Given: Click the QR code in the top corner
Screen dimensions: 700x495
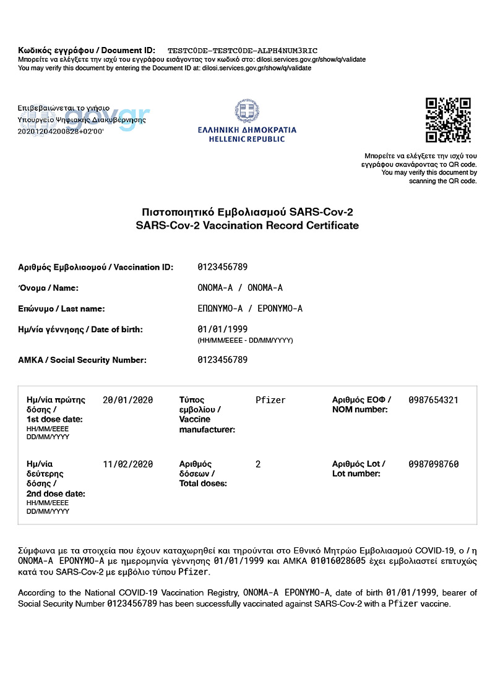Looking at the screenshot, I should coord(448,120).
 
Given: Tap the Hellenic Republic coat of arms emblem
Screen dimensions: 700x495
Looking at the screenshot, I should coord(247,111).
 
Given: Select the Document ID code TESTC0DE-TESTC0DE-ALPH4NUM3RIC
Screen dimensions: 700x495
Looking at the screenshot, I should coord(243,50).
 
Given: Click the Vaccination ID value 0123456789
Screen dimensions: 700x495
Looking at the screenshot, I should coord(223,267).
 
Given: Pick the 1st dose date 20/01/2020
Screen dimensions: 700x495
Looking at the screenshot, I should coord(127,400).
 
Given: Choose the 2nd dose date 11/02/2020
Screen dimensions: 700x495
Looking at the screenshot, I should coord(127,464).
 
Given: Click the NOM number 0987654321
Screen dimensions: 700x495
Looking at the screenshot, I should coord(433,400).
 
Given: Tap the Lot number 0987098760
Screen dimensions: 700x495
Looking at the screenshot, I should coord(433,464).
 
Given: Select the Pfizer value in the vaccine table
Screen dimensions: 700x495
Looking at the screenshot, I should coord(270,400).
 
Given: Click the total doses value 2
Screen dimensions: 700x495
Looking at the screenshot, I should coord(258,464).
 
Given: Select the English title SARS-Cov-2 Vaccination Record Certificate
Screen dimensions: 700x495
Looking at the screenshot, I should coord(247,226).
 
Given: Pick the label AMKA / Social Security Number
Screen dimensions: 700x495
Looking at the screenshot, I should coord(82,360).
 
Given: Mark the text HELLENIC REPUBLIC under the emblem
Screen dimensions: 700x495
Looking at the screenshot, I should coord(247,139).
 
